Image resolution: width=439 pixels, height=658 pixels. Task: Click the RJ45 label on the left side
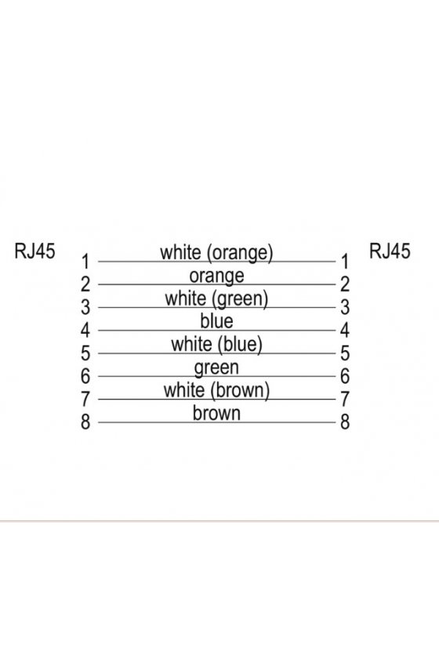click(x=34, y=251)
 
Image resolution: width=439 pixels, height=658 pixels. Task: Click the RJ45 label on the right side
click(x=390, y=251)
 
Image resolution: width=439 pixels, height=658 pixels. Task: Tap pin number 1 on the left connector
click(x=85, y=262)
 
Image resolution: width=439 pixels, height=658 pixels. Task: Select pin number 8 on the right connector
click(x=345, y=421)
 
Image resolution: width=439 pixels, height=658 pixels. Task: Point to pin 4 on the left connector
click(x=85, y=331)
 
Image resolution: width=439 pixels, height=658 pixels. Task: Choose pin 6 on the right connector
click(x=345, y=376)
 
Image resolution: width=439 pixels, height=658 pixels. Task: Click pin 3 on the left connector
click(x=85, y=307)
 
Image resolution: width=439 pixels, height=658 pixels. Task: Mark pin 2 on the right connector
click(x=345, y=284)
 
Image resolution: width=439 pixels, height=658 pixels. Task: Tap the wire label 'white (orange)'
click(x=216, y=253)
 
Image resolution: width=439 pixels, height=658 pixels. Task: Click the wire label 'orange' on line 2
click(x=216, y=277)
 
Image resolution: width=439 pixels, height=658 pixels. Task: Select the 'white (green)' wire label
click(x=216, y=299)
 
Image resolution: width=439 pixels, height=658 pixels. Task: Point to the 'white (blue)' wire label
click(x=216, y=345)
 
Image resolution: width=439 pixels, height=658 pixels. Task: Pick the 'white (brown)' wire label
click(x=216, y=390)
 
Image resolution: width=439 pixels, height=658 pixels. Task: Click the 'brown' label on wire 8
click(x=216, y=413)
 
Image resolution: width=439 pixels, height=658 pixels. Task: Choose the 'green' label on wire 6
click(x=216, y=368)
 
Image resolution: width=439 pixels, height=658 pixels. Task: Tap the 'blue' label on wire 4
click(x=216, y=321)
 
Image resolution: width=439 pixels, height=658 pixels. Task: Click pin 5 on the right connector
click(x=345, y=353)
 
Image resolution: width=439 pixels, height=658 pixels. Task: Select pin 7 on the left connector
click(x=85, y=399)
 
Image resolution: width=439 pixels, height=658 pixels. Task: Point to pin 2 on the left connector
click(x=85, y=284)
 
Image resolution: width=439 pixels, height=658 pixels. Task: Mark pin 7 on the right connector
click(x=345, y=399)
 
